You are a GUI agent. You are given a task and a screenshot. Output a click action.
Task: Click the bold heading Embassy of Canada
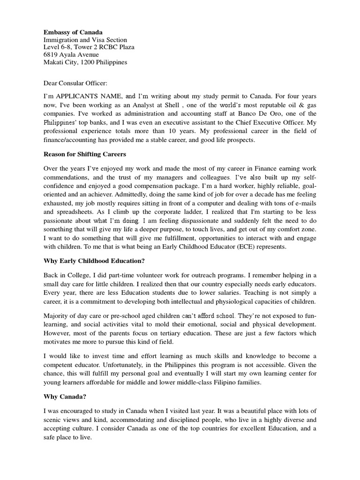[73, 32]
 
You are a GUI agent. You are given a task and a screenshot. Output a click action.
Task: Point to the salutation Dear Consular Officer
[75, 83]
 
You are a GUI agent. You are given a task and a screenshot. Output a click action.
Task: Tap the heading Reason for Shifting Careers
[85, 154]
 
